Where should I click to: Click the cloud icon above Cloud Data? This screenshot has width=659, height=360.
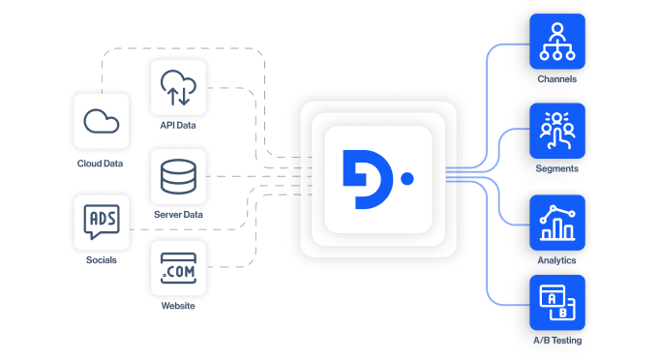pos(101,121)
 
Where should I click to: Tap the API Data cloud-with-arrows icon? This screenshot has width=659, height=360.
pos(178,88)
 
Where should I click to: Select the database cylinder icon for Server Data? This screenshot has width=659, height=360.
pos(178,177)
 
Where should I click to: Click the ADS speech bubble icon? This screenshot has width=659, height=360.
pos(101,223)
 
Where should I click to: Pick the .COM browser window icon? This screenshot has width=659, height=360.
pos(178,268)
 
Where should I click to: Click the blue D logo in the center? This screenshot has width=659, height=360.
pos(367,179)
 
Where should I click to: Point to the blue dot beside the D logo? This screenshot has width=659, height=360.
pos(407,179)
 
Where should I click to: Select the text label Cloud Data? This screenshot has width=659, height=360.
pos(101,164)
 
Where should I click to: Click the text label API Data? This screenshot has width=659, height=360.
pos(178,127)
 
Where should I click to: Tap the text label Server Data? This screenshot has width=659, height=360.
pos(178,215)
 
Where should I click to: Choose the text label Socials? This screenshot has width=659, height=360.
pos(101,260)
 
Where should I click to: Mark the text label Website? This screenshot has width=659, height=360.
pos(178,306)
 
